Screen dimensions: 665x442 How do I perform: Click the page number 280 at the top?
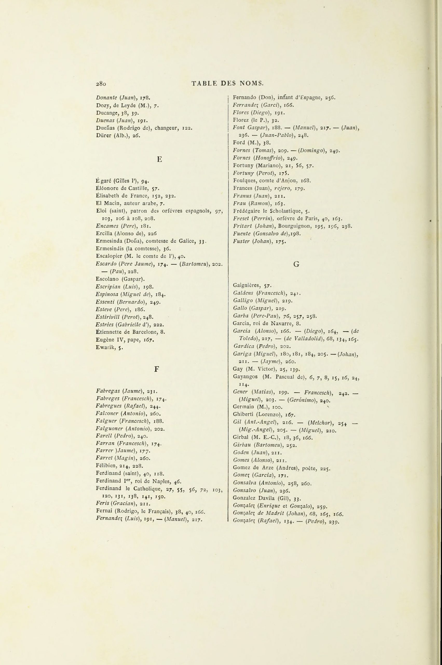point(101,83)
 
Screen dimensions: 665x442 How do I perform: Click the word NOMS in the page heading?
point(252,83)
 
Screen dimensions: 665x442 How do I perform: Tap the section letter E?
point(160,159)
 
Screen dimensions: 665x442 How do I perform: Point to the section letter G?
point(296,264)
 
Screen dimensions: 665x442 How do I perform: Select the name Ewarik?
point(105,347)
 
